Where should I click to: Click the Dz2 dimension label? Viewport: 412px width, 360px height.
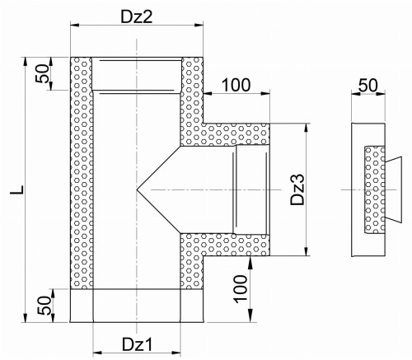136,17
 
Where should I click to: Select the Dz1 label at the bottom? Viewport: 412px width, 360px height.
137,344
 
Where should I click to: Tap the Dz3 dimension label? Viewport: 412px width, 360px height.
297,189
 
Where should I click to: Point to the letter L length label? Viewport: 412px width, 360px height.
16,190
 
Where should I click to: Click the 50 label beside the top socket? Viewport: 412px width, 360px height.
42,73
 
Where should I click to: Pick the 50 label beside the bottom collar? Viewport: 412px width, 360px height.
44,306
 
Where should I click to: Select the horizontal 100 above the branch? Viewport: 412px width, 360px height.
236,85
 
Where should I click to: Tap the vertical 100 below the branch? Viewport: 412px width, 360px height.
241,289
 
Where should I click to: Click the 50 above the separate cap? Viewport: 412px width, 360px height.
368,85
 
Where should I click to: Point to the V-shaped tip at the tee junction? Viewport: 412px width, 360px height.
137,189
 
